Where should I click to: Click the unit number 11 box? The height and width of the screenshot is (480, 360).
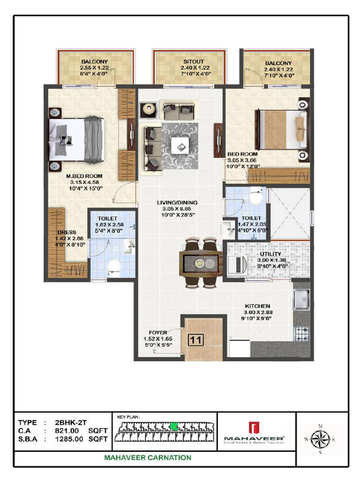tap(195, 339)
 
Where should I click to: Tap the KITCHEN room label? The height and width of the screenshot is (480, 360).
tap(256, 306)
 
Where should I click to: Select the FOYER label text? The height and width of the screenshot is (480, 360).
tap(157, 333)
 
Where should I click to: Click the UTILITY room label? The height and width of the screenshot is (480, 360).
tap(270, 254)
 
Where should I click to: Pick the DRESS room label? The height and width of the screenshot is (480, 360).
tap(67, 232)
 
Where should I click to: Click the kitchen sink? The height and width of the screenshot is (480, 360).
tap(300, 300)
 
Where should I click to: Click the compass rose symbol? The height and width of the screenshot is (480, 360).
tap(321, 440)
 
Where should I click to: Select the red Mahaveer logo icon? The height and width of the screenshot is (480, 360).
tap(254, 428)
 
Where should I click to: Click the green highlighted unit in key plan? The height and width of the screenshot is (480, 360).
tap(174, 426)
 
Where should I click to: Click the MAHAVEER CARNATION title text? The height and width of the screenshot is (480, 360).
tap(148, 458)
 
